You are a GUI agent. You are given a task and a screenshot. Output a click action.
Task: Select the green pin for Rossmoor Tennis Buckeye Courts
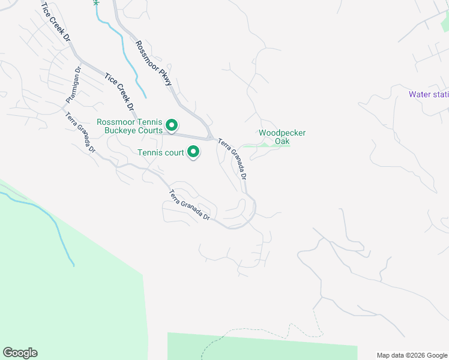[x=172, y=126]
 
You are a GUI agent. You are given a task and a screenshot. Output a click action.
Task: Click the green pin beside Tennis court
[x=193, y=153]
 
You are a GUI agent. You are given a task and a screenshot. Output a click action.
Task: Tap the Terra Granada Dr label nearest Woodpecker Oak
[x=232, y=159]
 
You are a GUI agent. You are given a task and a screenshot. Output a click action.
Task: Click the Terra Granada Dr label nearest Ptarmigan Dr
[x=80, y=133]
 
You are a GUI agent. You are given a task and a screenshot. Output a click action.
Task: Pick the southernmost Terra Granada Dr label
[x=189, y=205]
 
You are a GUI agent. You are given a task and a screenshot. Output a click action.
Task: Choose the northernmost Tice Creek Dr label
[x=55, y=22]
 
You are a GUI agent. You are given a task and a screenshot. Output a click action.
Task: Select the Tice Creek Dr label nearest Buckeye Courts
[x=119, y=92]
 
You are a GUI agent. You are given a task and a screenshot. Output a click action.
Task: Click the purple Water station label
[x=428, y=94]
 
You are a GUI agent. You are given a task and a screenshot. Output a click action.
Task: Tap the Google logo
[x=20, y=353]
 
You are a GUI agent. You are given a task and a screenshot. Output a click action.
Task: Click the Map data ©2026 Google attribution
[x=412, y=355]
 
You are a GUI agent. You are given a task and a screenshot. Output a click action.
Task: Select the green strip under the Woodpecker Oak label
[x=270, y=146]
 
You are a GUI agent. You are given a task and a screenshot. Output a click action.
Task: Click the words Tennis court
[x=161, y=153]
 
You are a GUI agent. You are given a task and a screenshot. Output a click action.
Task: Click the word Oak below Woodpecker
[x=282, y=141]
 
